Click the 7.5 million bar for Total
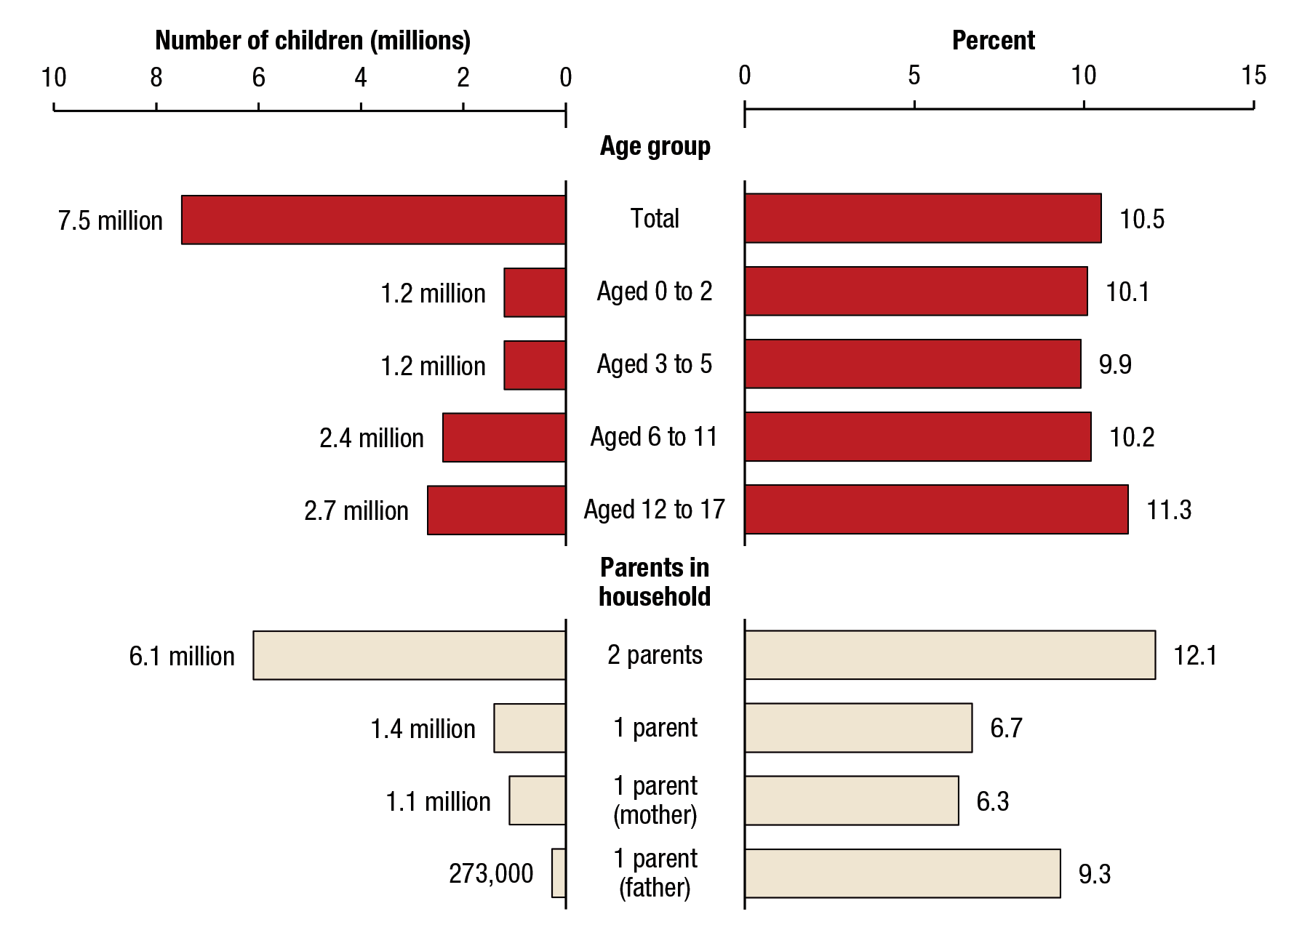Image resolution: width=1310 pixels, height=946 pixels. pyautogui.click(x=373, y=220)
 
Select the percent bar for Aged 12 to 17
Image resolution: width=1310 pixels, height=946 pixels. pyautogui.click(x=936, y=510)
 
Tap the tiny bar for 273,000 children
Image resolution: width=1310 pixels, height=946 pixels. pyautogui.click(x=559, y=873)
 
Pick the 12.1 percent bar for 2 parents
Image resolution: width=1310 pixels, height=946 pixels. pyautogui.click(x=950, y=655)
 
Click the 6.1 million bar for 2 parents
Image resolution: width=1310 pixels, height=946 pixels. pyautogui.click(x=410, y=655)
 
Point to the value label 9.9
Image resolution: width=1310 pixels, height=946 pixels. pyautogui.click(x=1115, y=364)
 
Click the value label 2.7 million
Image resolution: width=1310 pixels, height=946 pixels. pyautogui.click(x=356, y=510)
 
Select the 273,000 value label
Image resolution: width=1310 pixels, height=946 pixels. pyautogui.click(x=491, y=873)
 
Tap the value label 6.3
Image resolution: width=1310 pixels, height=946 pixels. pyautogui.click(x=992, y=801)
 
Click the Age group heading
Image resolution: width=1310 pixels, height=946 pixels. pyautogui.click(x=655, y=146)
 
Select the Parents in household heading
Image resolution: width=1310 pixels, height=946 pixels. pyautogui.click(x=655, y=582)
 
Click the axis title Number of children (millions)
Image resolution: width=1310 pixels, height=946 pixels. pyautogui.click(x=313, y=41)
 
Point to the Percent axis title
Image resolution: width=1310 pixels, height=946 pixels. pyautogui.click(x=993, y=41)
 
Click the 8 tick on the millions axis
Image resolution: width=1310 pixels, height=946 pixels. pyautogui.click(x=156, y=77)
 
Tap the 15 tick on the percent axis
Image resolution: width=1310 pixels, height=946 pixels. pyautogui.click(x=1254, y=76)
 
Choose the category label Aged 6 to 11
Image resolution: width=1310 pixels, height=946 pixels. pyautogui.click(x=654, y=437)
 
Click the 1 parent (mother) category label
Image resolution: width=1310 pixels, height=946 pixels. pyautogui.click(x=655, y=800)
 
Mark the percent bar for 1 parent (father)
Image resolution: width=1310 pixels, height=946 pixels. pyautogui.click(x=903, y=873)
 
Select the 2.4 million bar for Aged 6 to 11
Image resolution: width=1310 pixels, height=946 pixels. pyautogui.click(x=504, y=437)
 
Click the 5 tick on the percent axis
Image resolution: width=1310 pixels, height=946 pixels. pyautogui.click(x=914, y=76)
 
